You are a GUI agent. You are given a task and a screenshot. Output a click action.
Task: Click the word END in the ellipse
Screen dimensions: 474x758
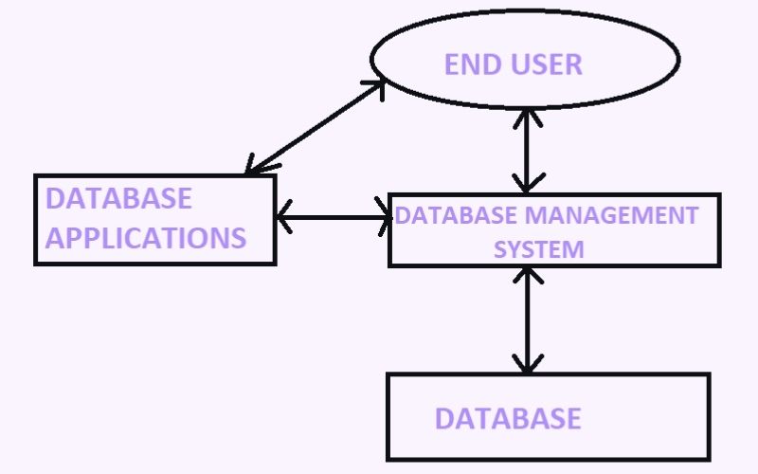[x=471, y=64]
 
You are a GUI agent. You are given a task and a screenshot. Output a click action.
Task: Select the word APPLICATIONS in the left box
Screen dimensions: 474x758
[x=146, y=237]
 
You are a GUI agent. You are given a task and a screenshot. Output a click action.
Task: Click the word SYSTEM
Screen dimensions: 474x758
[x=541, y=249]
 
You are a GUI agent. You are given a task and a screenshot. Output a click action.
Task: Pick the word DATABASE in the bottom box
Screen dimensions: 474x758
[x=508, y=418]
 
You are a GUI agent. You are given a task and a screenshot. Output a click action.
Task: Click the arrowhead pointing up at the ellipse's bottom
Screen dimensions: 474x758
[x=528, y=116]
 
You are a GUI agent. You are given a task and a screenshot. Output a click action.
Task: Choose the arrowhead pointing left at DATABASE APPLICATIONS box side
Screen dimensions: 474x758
[x=283, y=217]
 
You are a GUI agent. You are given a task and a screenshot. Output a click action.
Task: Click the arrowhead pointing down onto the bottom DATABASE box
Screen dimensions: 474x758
[x=528, y=362]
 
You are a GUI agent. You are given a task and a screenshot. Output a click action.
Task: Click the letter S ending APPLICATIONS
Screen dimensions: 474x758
[x=238, y=237]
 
